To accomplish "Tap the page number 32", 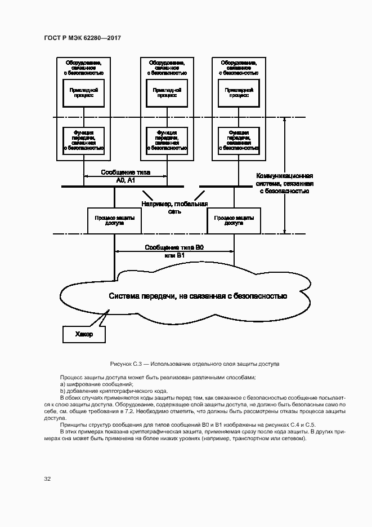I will point(47,479).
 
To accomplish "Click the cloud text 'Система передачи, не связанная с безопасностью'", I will point(198,295).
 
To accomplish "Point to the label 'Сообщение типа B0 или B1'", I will point(173,251).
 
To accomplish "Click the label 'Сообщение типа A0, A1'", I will point(126,176).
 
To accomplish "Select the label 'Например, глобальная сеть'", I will point(174,207).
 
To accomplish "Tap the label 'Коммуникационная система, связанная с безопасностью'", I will point(284,183).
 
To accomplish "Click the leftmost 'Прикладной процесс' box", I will point(84,92).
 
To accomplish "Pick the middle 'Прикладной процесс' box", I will point(167,92).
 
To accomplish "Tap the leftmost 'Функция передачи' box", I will point(84,140).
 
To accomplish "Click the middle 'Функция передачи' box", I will point(167,140).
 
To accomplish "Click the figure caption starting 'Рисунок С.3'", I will point(195,364).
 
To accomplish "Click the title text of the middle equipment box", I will point(167,68).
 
